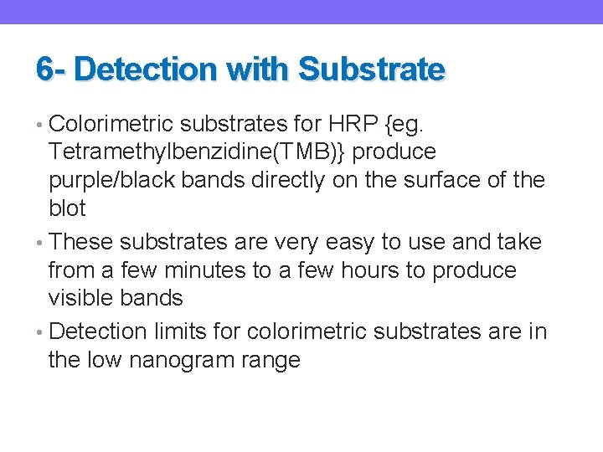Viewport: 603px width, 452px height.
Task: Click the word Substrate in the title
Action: point(371,69)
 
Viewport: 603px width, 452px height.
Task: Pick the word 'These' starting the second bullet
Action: point(81,243)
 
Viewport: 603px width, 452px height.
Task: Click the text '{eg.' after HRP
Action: point(406,124)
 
